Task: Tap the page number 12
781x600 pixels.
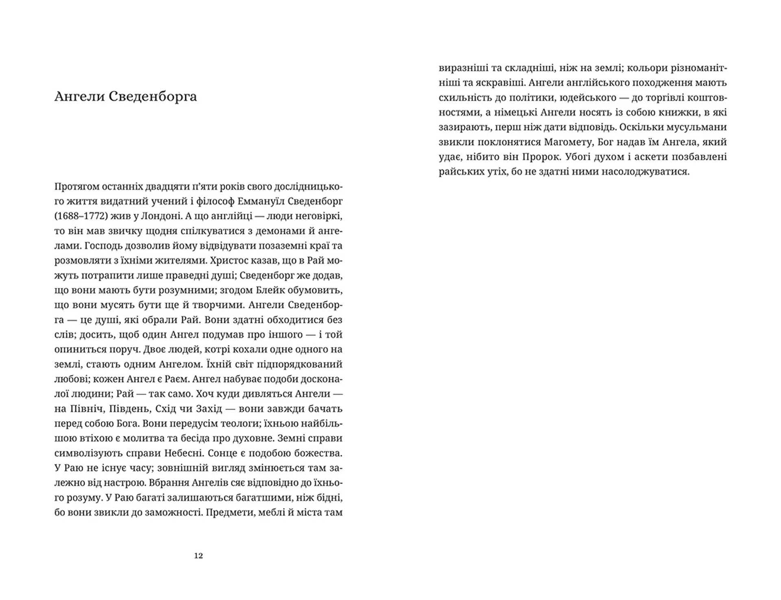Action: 199,556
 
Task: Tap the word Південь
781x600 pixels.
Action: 130,409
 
